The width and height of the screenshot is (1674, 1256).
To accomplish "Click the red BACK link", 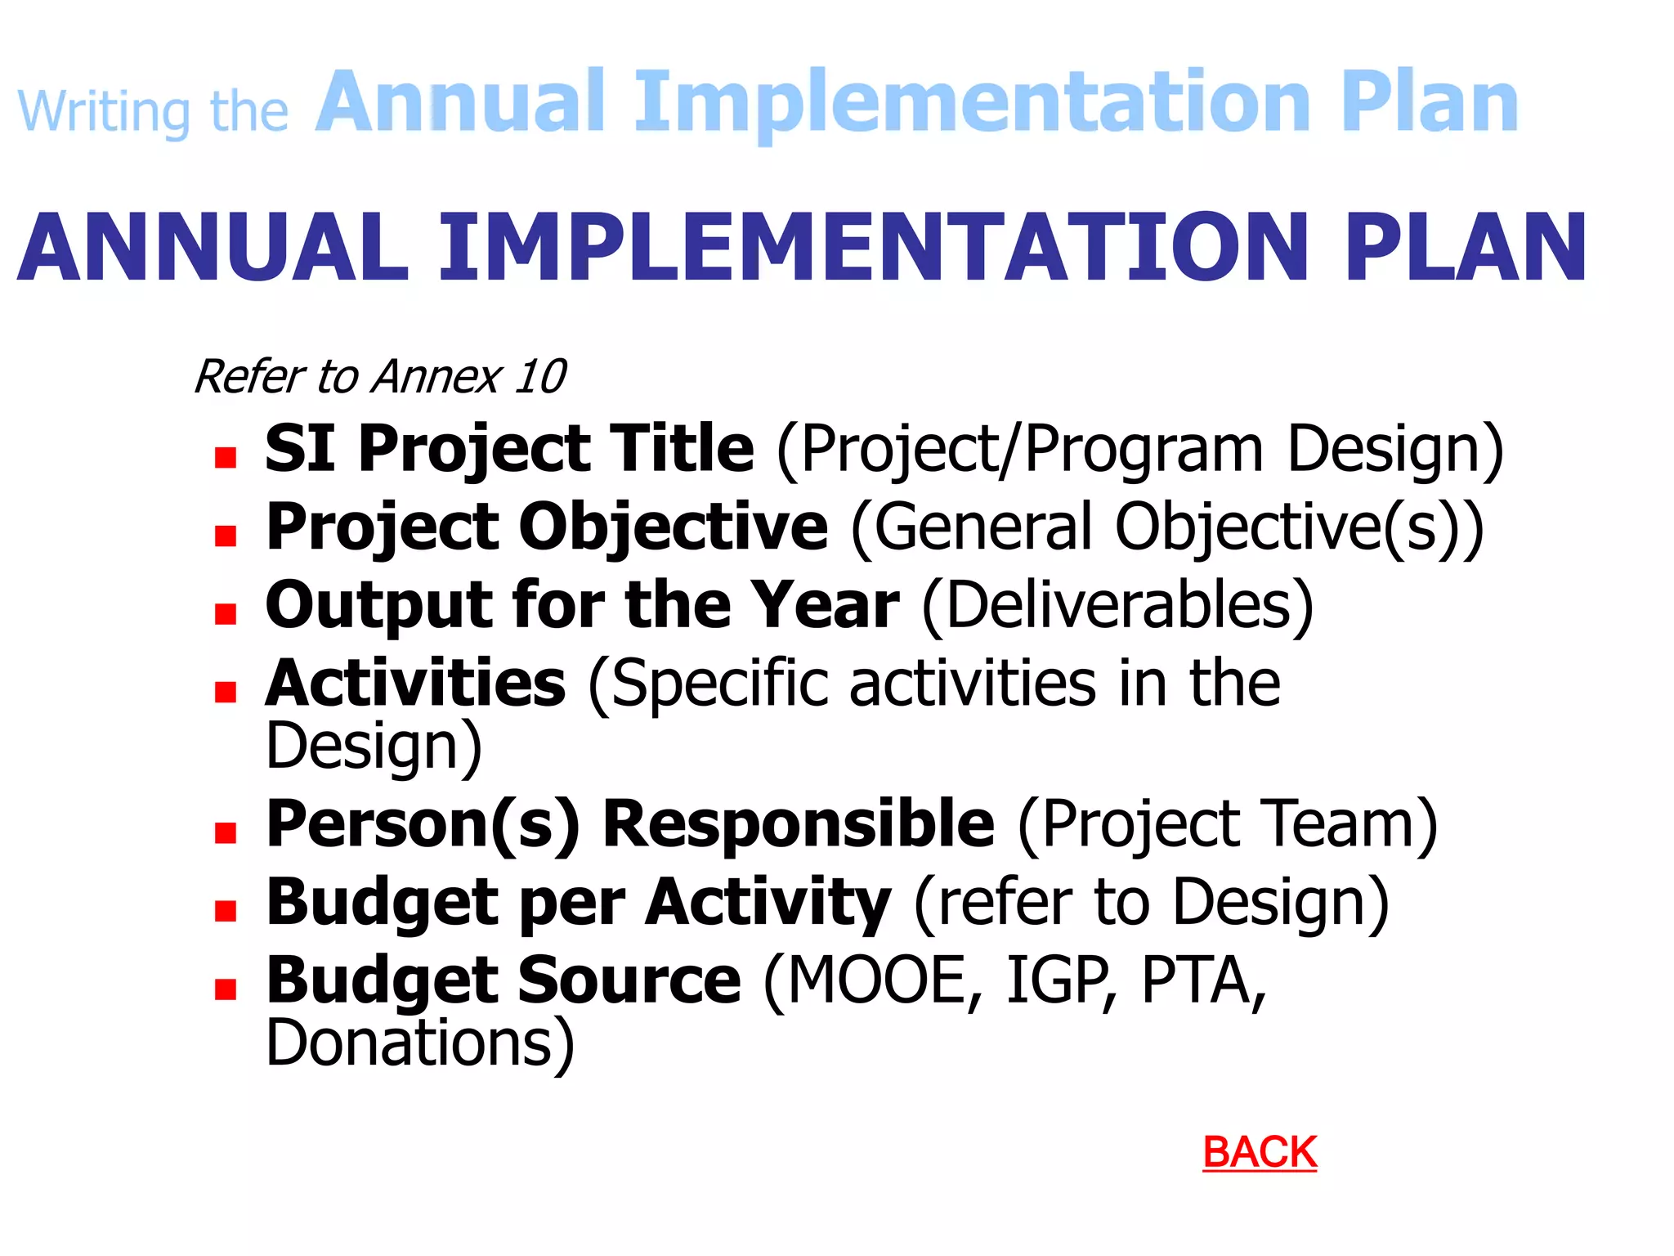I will tap(1259, 1152).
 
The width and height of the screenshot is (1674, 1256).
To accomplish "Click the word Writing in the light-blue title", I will tap(104, 112).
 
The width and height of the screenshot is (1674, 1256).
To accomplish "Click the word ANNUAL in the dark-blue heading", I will tap(213, 248).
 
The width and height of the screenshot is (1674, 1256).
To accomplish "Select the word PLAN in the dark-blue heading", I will tap(1465, 248).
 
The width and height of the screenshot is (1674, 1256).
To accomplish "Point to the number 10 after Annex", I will tap(540, 377).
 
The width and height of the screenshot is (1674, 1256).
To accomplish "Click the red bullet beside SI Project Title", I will tap(226, 457).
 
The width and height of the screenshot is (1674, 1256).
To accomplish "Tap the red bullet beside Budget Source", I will tap(226, 989).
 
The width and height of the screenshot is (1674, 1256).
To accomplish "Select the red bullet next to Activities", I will tap(226, 693).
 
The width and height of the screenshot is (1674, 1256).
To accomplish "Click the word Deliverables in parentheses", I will tap(1117, 606).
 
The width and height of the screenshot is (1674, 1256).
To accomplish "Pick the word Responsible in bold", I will tap(799, 823).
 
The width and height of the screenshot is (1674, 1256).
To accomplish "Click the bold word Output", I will tap(378, 606).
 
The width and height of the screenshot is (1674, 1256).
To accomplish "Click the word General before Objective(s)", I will tap(981, 527).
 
